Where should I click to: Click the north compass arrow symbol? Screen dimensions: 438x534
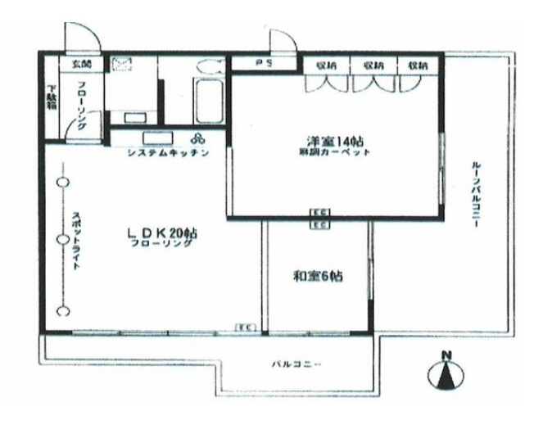pos(446,373)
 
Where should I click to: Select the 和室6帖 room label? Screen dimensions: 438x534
pos(318,276)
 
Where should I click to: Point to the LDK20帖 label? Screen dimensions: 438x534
pos(162,233)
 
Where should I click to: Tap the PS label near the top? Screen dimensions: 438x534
pos(264,63)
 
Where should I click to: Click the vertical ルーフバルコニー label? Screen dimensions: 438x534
pos(476,196)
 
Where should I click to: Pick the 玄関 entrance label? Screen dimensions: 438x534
pos(81,63)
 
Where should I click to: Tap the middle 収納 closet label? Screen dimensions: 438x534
pos(373,63)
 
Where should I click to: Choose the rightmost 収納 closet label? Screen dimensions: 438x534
pos(418,63)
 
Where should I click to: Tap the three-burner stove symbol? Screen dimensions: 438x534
pos(198,138)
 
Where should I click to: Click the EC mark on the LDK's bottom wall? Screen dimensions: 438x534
pos(243,327)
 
